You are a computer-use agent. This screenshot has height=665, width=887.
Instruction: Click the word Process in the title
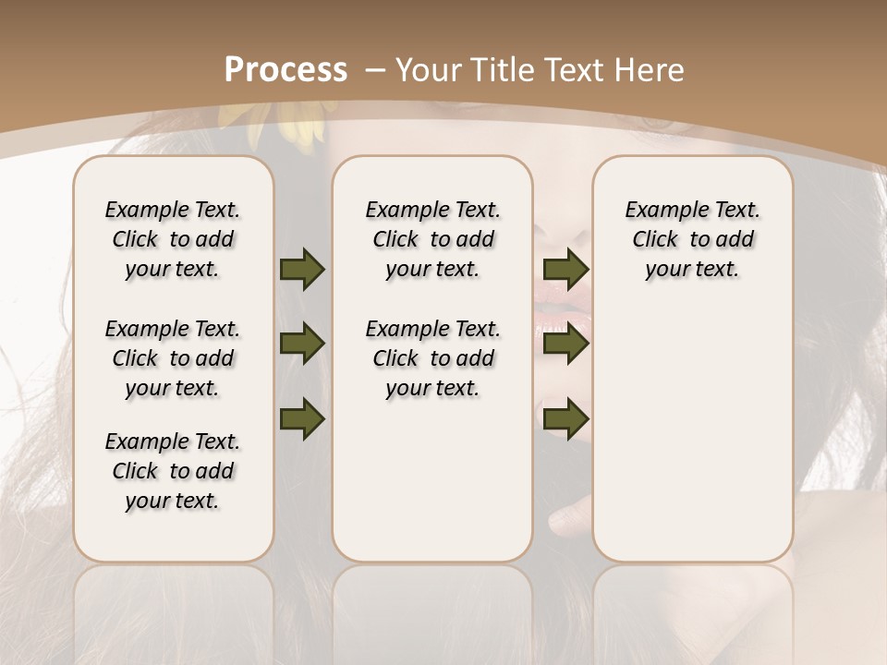286,70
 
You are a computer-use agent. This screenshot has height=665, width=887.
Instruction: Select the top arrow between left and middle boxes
302,269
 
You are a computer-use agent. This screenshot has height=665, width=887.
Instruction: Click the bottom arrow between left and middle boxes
302,418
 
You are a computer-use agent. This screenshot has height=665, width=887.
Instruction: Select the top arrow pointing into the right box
565,269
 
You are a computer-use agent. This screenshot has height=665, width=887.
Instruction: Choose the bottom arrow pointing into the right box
565,418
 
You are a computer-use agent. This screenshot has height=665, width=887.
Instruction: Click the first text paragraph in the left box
173,239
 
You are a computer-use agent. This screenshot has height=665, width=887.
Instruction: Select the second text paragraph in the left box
173,358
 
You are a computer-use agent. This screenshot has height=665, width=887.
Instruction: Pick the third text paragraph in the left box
173,471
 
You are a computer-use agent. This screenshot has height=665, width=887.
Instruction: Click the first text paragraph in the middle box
432,239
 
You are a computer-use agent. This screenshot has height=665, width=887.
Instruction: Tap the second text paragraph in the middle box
432,358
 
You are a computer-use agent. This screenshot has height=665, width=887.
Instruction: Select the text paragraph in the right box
692,239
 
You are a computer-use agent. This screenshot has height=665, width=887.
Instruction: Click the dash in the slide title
374,70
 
